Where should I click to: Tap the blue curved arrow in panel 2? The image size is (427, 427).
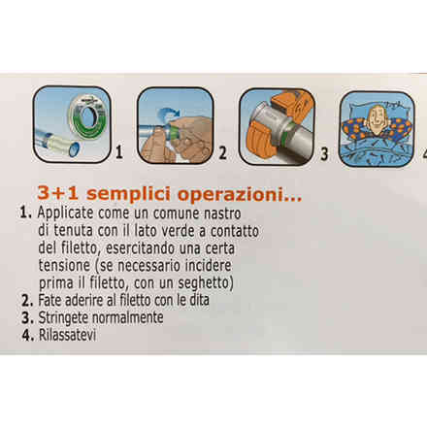(x=169, y=115)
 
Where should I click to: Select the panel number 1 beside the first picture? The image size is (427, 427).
(x=119, y=152)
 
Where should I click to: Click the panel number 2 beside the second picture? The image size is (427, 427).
(x=222, y=153)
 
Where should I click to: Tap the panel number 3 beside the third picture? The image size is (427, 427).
(x=324, y=154)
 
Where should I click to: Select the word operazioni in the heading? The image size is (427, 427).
(x=240, y=194)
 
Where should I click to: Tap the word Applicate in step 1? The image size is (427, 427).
(x=65, y=213)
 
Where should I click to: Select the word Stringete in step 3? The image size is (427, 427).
(x=63, y=318)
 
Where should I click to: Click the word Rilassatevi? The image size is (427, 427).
(x=67, y=335)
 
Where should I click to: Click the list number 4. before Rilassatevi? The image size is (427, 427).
(x=28, y=335)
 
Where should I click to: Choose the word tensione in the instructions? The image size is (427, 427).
(x=64, y=266)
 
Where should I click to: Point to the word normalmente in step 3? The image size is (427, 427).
(x=128, y=317)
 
